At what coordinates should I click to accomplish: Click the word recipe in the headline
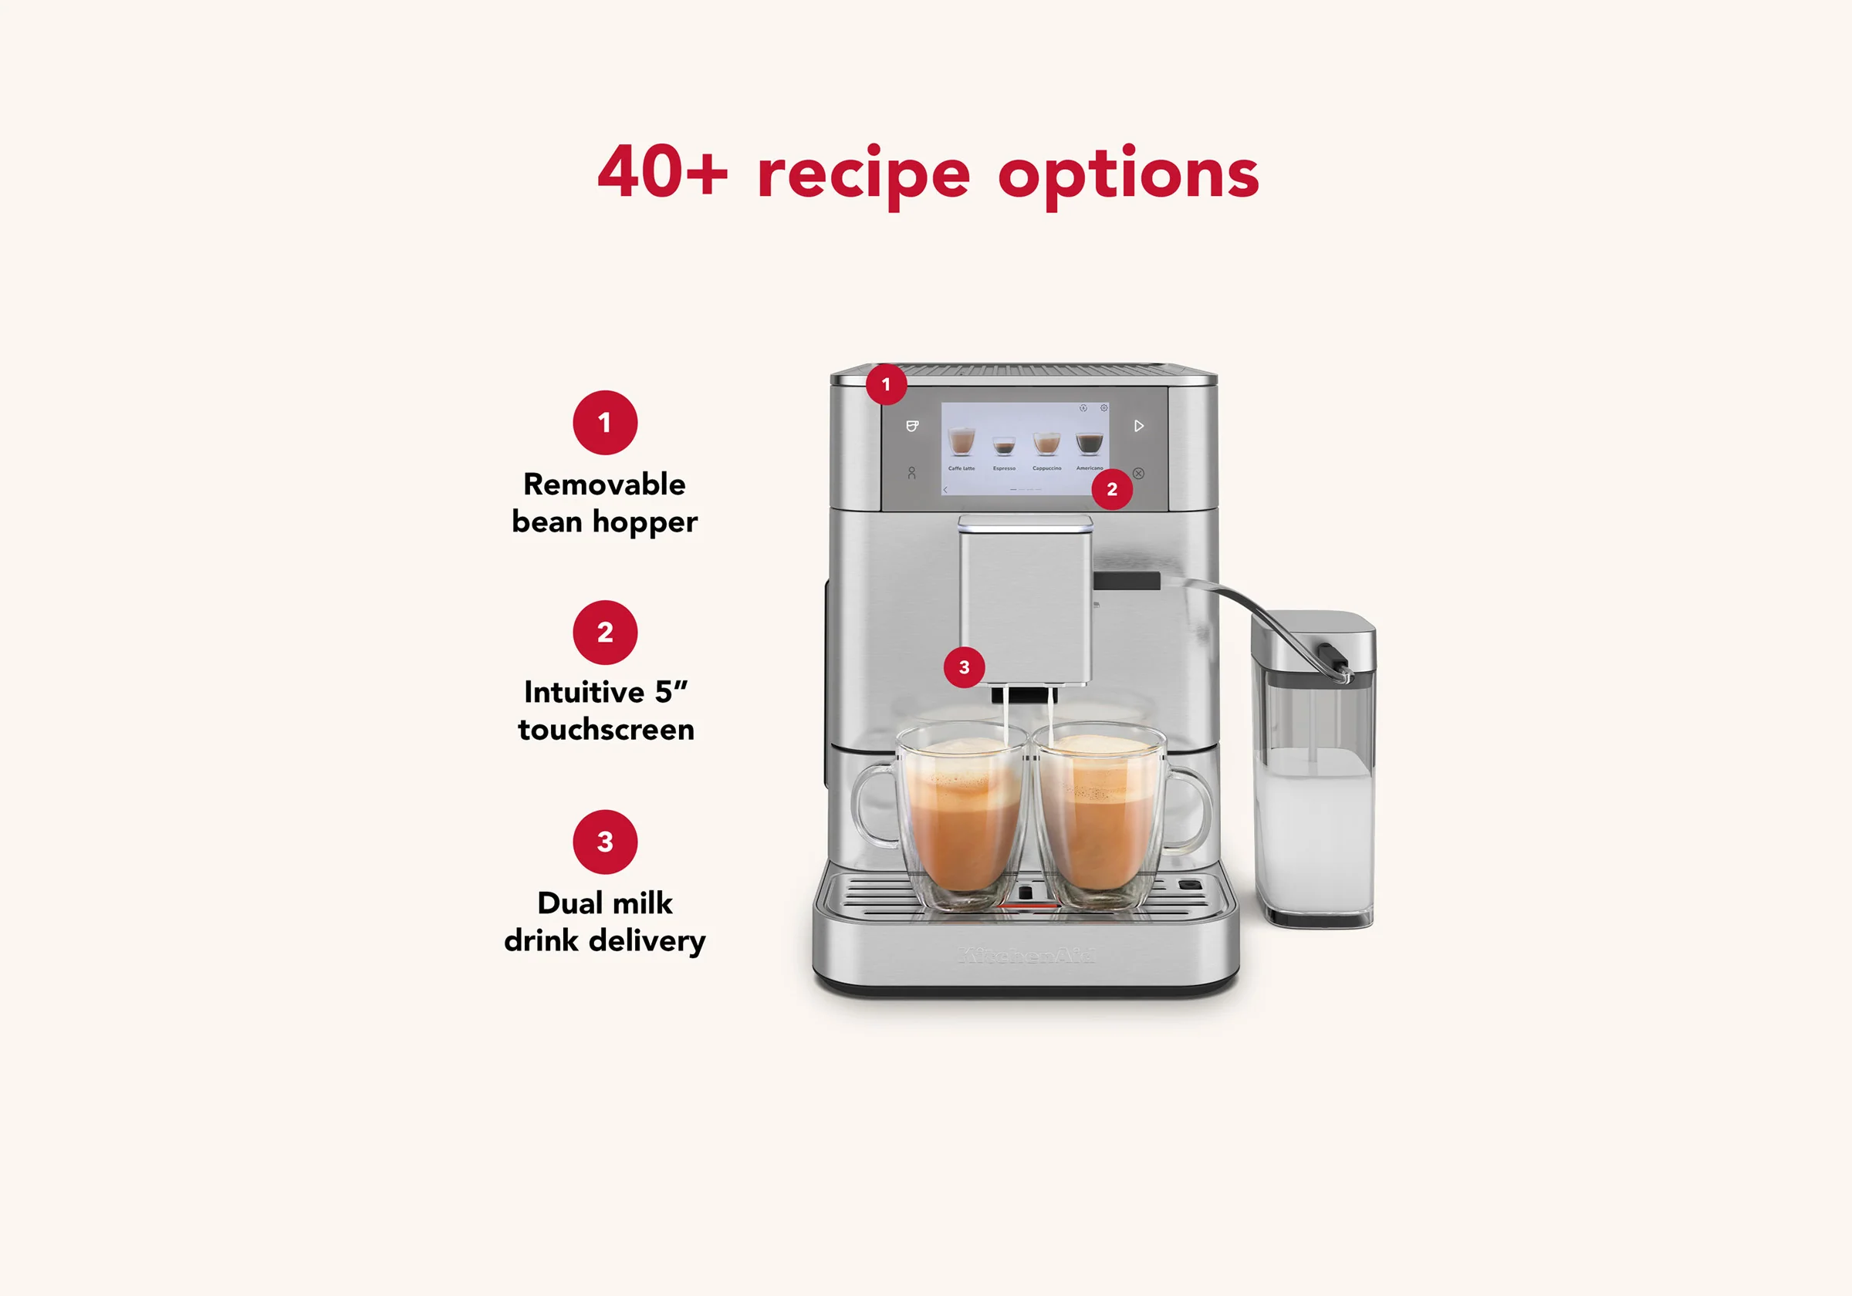tap(863, 174)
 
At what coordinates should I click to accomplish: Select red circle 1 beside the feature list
tap(605, 423)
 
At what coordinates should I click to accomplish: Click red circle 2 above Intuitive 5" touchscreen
tap(605, 633)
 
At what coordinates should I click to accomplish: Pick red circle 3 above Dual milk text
tap(605, 842)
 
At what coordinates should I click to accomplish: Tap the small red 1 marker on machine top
tap(887, 385)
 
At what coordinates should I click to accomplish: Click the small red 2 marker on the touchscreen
tap(1111, 490)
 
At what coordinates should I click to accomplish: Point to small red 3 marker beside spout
tap(964, 667)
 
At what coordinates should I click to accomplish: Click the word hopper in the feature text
tap(644, 522)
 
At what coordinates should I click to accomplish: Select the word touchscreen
tap(606, 730)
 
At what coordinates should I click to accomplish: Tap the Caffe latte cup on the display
tap(961, 443)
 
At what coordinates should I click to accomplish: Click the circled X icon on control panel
tap(1138, 474)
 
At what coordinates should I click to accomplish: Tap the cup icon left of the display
tap(912, 426)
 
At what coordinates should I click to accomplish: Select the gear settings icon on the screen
tap(1103, 408)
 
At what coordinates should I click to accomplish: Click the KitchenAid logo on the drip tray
tap(1026, 957)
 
